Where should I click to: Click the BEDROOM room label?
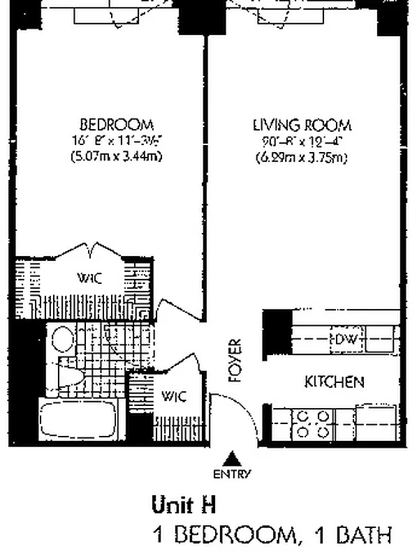click(117, 125)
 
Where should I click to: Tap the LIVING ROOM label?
click(302, 126)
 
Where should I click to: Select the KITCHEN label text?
click(334, 382)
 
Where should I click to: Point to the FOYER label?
click(235, 361)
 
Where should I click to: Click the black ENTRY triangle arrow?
click(232, 458)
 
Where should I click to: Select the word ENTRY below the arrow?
click(232, 474)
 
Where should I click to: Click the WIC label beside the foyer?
click(174, 397)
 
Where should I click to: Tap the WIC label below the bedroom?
click(90, 278)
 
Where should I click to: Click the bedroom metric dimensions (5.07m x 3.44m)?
click(117, 156)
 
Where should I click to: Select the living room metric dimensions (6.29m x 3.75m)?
click(302, 158)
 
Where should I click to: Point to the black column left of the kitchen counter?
click(276, 329)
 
